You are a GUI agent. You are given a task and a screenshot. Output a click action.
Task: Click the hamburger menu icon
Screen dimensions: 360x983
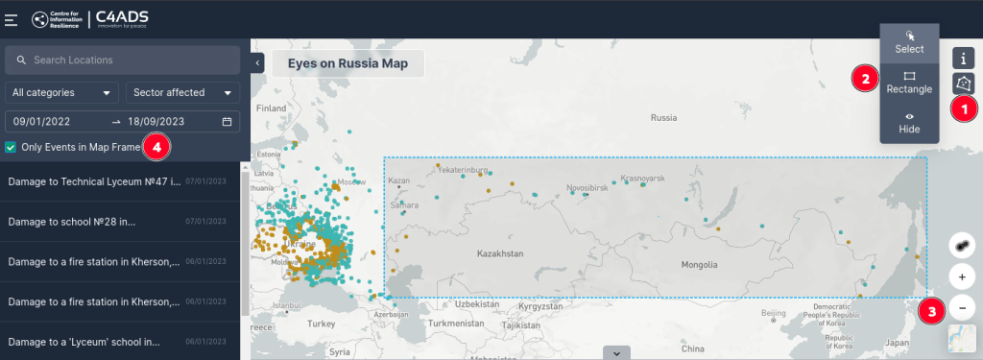pos(12,19)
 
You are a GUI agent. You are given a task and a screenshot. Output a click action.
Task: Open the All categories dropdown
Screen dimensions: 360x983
pos(61,93)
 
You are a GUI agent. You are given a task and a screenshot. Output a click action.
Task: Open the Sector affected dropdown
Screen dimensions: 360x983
pos(182,93)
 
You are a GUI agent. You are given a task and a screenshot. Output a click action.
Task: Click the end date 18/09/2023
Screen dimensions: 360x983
pos(156,122)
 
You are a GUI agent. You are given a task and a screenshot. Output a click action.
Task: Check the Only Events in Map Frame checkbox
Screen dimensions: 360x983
pos(11,147)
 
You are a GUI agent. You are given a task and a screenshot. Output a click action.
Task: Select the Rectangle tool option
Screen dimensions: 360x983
pos(909,82)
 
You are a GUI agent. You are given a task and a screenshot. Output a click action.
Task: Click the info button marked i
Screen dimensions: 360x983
pos(963,59)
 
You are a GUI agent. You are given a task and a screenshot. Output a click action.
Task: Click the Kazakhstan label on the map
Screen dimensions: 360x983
pos(500,254)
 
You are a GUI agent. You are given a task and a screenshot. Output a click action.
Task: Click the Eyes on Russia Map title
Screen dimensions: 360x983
pos(348,64)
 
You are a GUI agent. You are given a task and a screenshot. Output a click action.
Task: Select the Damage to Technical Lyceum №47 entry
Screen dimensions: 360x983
pos(94,180)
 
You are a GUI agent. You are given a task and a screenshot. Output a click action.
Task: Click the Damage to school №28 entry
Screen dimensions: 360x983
pos(72,221)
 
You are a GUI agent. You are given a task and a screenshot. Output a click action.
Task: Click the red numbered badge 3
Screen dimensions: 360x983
pos(931,311)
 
